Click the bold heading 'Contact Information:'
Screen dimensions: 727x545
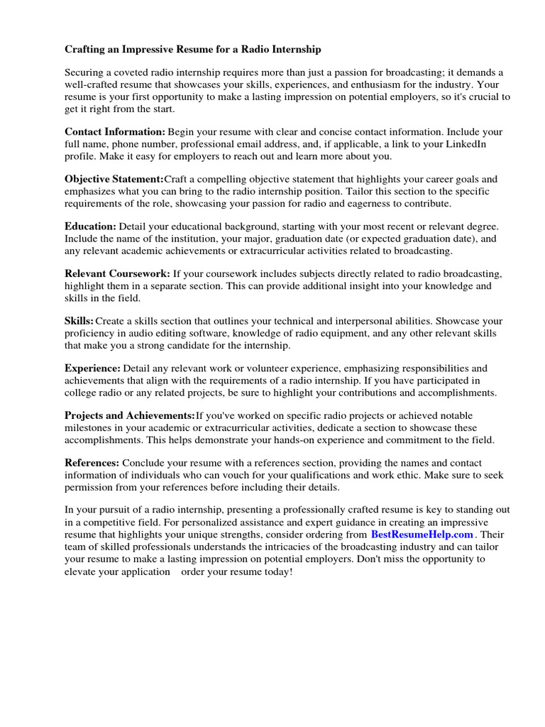(x=115, y=132)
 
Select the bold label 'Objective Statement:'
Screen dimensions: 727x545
(x=114, y=179)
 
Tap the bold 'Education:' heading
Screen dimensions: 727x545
(x=90, y=226)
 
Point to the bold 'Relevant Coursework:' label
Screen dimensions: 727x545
(x=118, y=273)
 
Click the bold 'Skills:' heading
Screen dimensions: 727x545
(x=79, y=321)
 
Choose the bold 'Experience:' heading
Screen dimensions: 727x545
(x=93, y=368)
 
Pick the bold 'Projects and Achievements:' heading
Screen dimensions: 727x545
(x=130, y=415)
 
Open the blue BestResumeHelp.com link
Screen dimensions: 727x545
(x=422, y=534)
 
